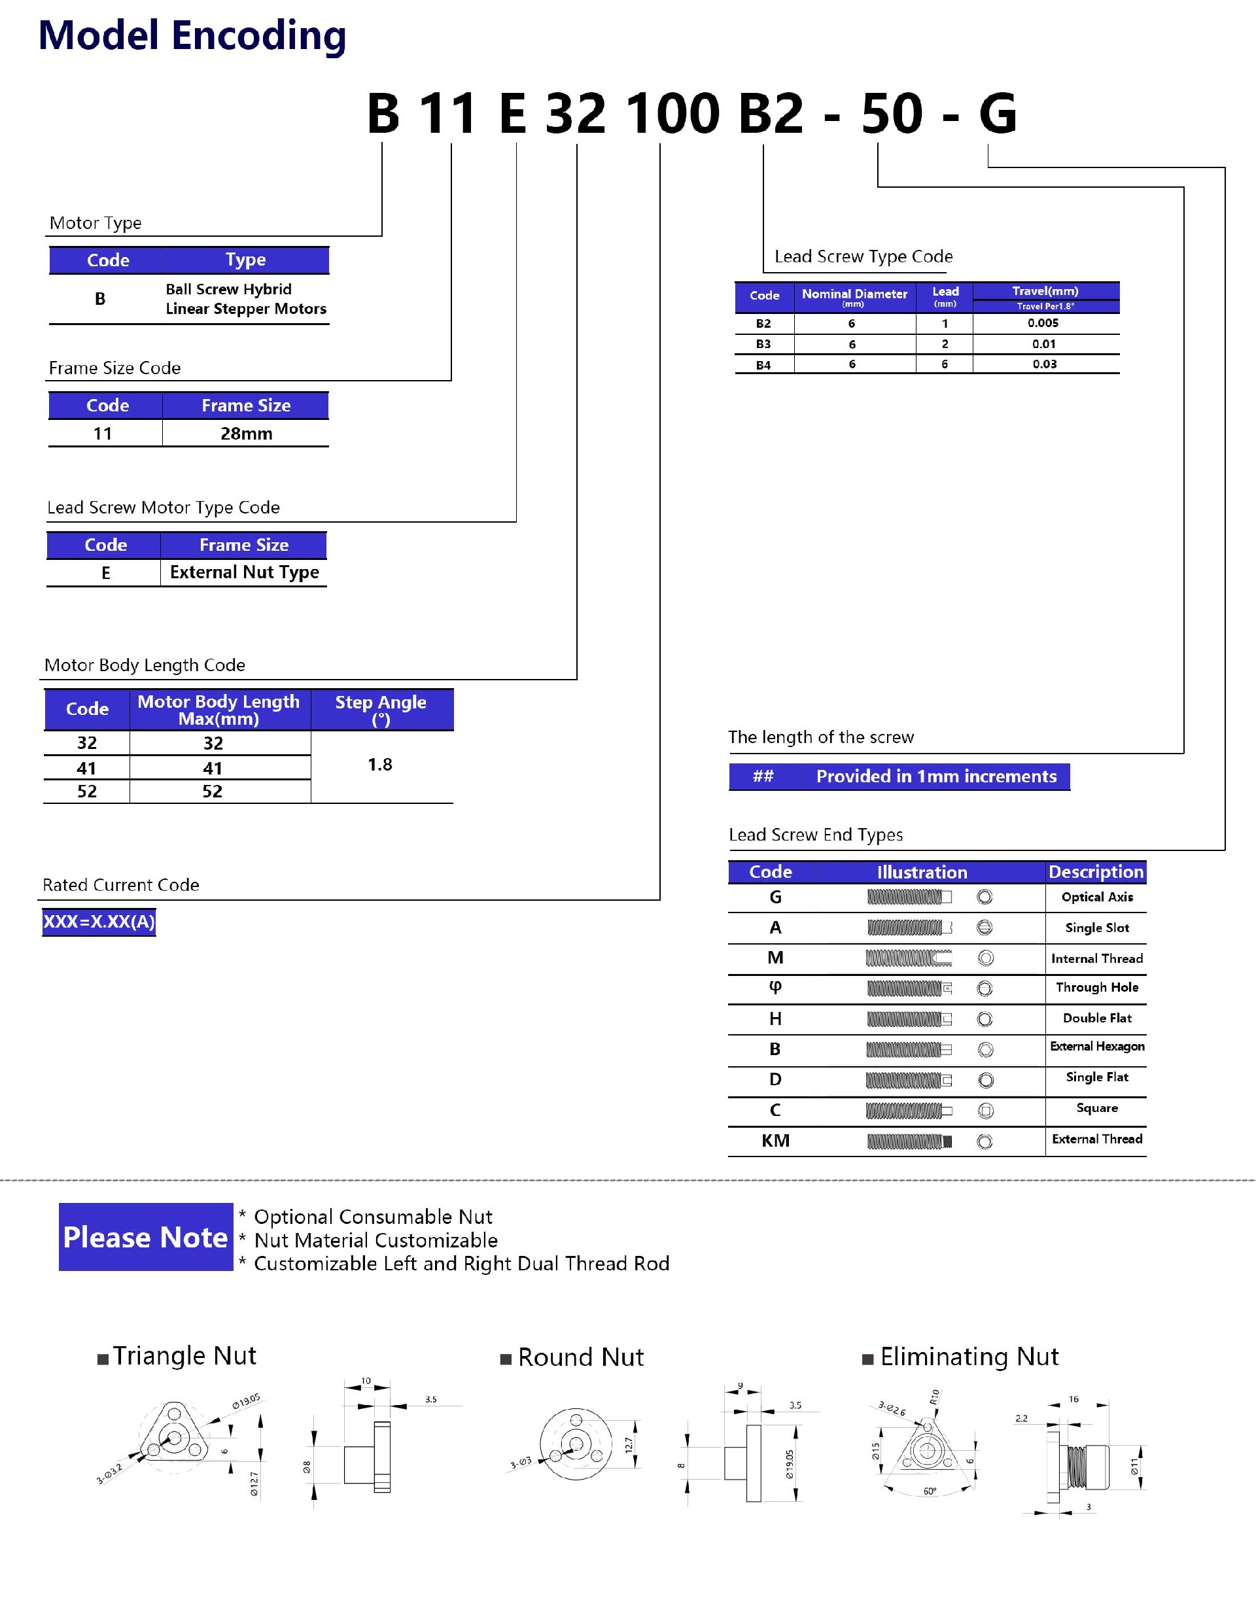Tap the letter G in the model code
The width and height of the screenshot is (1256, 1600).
[x=997, y=114]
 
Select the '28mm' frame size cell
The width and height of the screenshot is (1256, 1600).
[x=247, y=434]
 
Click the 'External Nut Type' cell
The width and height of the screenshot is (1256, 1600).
[x=244, y=572]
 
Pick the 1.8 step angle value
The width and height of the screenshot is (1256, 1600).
[x=379, y=765]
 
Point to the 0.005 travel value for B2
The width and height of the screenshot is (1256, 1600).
[x=1043, y=322]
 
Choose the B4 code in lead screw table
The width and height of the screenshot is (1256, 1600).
[x=763, y=365]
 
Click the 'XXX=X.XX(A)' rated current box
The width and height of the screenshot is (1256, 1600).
[x=99, y=921]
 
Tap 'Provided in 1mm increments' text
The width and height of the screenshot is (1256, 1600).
[x=936, y=776]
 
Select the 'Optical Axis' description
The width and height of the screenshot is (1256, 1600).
[x=1097, y=897]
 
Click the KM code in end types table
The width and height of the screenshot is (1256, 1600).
[x=775, y=1140]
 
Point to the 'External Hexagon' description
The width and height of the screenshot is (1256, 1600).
[x=1097, y=1047]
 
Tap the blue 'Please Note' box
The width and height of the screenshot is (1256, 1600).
[x=146, y=1237]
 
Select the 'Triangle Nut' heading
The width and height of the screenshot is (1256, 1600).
[x=184, y=1355]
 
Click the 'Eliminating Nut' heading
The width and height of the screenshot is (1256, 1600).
[x=969, y=1356]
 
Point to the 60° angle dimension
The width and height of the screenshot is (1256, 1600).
[x=930, y=1491]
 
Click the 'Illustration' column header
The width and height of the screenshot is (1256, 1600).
[x=922, y=872]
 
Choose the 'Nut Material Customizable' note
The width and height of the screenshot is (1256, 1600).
[x=375, y=1240]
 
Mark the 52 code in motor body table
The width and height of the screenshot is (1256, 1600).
[x=87, y=791]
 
